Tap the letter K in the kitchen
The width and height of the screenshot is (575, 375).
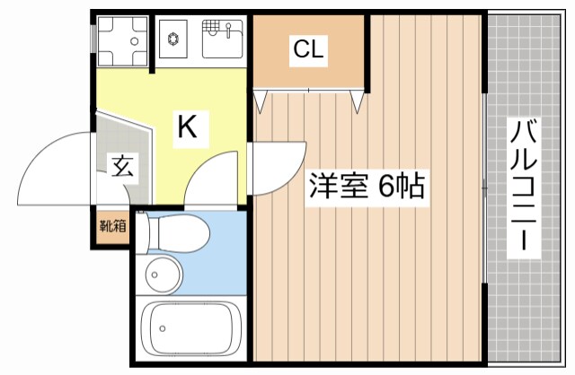coord(186,127)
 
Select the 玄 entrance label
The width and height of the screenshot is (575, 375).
coord(119,166)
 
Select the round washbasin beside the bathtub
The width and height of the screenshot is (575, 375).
coord(162,273)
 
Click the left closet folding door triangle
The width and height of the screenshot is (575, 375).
coord(261,101)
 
